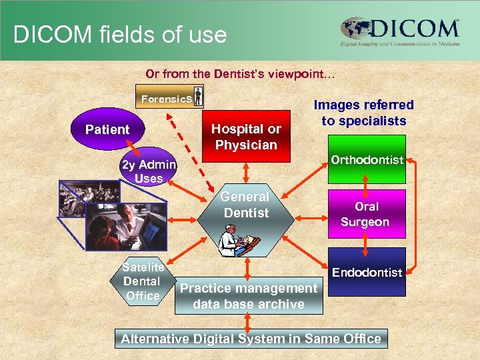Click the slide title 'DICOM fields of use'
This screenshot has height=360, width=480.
click(120, 34)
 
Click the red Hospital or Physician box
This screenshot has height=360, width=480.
click(246, 136)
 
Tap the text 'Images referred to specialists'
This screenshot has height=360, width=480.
click(363, 113)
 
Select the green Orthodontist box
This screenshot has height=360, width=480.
click(367, 159)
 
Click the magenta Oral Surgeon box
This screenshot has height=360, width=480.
click(365, 214)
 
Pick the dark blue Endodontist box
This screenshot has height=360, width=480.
click(367, 272)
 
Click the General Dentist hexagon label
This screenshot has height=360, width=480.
click(245, 205)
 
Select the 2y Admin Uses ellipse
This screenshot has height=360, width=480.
click(148, 170)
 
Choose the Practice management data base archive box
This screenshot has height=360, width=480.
click(249, 296)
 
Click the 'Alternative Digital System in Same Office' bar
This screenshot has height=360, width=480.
click(251, 339)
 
